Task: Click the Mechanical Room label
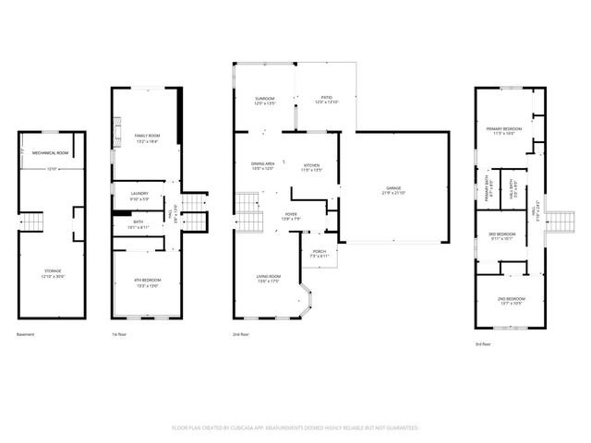point(51,152)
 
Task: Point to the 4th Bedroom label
point(148,281)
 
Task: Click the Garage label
point(393,190)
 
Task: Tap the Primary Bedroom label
point(509,130)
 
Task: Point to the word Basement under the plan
point(26,334)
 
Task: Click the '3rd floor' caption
point(483,344)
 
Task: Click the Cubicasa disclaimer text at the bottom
point(295,428)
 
